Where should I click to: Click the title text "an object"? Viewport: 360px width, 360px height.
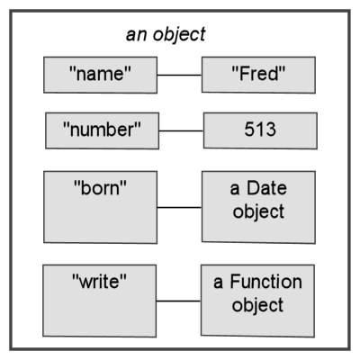(x=166, y=35)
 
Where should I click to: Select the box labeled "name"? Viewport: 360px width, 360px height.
(x=100, y=75)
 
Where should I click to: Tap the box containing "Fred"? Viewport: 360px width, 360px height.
(x=258, y=75)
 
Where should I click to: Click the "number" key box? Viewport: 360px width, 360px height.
(x=102, y=130)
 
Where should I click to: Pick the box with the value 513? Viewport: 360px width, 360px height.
(x=260, y=130)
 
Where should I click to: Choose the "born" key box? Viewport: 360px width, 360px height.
(x=100, y=207)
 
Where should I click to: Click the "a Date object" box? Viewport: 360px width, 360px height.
(x=258, y=207)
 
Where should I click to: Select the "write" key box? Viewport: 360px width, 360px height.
(x=99, y=301)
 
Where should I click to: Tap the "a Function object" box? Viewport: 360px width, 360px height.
(x=257, y=301)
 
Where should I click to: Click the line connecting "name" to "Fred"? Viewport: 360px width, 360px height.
(x=179, y=75)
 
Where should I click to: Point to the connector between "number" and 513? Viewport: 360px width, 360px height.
(x=181, y=130)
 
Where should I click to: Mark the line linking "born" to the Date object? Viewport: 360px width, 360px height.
(x=179, y=207)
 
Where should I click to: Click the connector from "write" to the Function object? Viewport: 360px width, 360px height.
(x=178, y=301)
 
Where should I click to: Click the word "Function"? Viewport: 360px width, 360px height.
(x=265, y=282)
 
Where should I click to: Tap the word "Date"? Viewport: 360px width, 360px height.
(x=266, y=188)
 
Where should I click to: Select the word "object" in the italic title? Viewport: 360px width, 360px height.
(x=179, y=35)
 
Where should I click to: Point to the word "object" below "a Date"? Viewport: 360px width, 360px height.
(x=258, y=212)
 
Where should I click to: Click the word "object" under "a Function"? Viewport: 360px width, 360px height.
(x=257, y=306)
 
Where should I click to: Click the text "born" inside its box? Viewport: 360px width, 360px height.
(x=100, y=188)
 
